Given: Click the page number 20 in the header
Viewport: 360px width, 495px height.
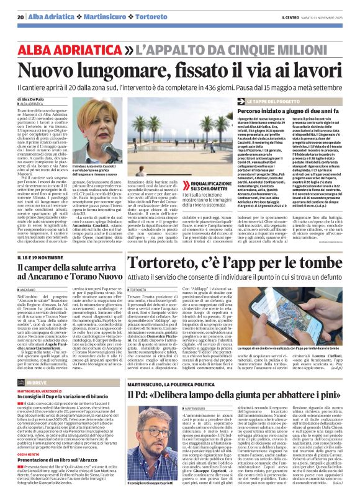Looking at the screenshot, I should point(20,17).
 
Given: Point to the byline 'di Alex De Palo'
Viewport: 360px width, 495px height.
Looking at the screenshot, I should point(37,99).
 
